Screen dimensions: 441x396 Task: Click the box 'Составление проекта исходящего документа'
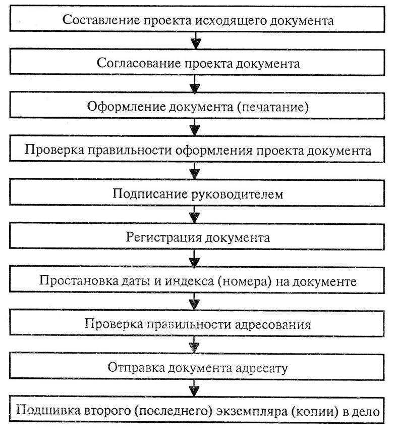(x=198, y=21)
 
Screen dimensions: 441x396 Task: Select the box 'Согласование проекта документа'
(x=198, y=64)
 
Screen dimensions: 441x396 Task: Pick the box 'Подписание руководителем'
(x=198, y=194)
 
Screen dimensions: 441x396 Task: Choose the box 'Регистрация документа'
(x=198, y=237)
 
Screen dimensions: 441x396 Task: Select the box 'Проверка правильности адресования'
(x=198, y=324)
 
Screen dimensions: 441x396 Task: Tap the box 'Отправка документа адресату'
(x=198, y=367)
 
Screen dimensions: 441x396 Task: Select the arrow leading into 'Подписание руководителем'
(x=194, y=172)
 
